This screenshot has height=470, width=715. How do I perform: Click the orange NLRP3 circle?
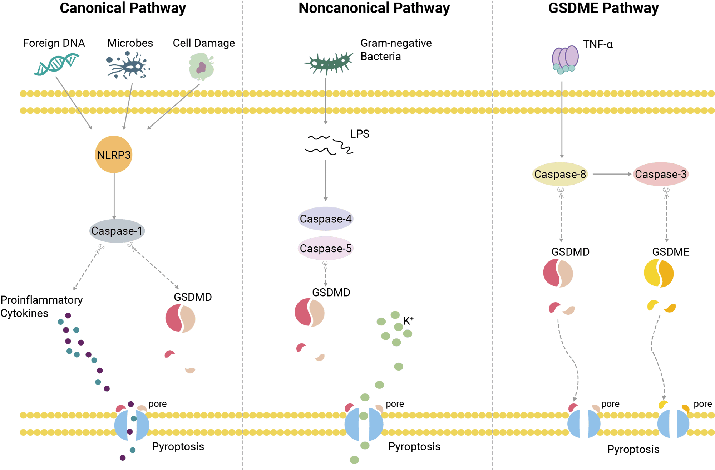(114, 155)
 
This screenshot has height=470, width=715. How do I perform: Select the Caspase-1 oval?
(117, 231)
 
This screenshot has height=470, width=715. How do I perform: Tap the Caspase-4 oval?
(325, 219)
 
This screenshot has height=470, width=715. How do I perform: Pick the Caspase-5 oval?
(325, 248)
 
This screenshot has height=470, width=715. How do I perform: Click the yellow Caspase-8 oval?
(560, 174)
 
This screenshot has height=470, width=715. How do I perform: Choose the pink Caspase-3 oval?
(661, 174)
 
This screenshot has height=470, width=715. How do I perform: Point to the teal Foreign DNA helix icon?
(56, 64)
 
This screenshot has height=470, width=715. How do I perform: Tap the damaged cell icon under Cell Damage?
(201, 67)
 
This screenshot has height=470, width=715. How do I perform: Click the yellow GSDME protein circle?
(659, 273)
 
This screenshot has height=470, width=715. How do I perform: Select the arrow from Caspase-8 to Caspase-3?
(612, 174)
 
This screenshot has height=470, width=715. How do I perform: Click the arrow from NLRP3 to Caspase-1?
(114, 196)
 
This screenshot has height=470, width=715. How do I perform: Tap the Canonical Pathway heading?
(123, 8)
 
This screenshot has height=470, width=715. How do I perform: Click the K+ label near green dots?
(408, 320)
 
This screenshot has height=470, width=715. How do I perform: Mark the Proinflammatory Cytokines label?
(41, 306)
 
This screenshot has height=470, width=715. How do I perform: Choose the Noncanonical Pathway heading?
(374, 8)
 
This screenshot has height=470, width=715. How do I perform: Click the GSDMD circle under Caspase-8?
(558, 273)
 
